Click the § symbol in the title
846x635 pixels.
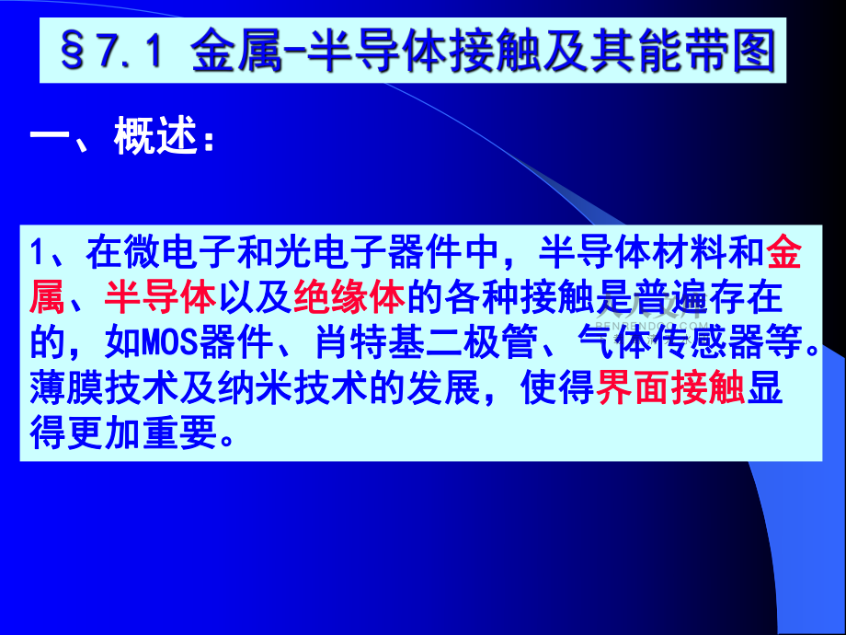73,51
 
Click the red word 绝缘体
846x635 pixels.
349,297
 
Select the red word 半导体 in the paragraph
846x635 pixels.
160,297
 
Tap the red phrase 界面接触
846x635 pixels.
670,387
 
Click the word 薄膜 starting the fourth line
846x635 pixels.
67,387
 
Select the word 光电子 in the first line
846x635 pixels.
329,252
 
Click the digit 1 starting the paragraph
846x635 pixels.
37,252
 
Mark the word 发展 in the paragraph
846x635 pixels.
443,387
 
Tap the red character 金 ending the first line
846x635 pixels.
783,252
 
